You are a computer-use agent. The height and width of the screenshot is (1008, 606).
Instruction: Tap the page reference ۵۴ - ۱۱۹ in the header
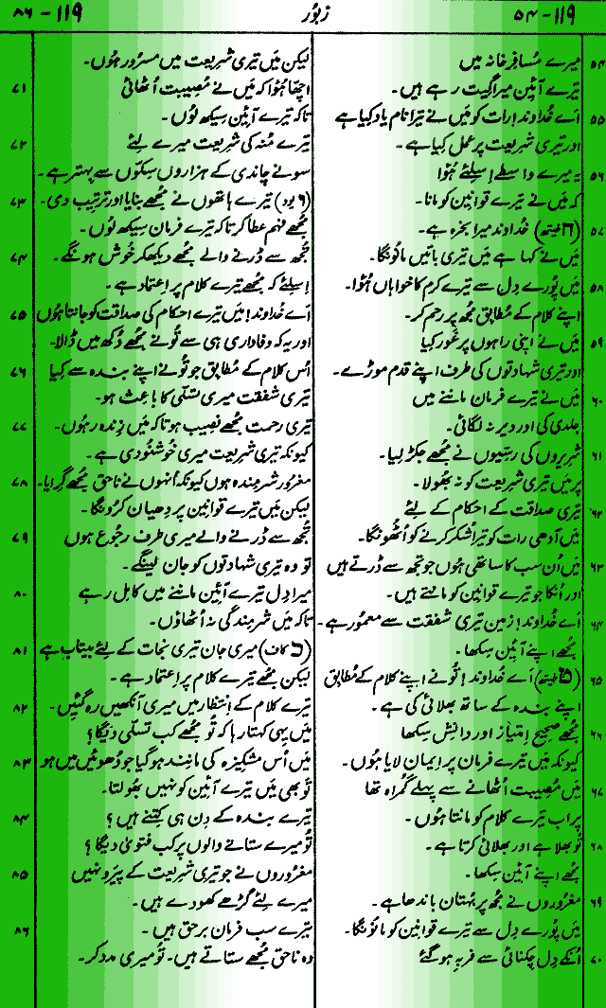553,15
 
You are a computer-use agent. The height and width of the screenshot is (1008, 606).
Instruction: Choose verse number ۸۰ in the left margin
18,596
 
